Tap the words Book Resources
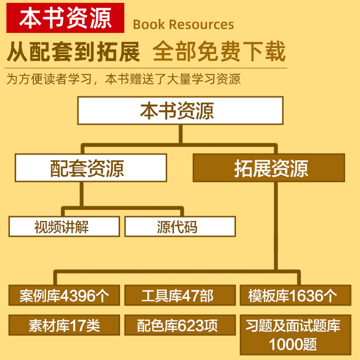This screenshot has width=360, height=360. click(183, 25)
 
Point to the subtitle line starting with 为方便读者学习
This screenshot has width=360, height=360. click(124, 79)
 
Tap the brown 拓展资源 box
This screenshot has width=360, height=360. click(269, 168)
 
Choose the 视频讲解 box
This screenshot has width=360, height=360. click(64, 226)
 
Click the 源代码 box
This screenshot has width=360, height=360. click(180, 226)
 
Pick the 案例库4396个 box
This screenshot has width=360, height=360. click(64, 296)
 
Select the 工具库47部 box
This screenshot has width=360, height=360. click(180, 296)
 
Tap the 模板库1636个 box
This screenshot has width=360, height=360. click(295, 296)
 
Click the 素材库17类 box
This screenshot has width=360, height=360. click(64, 325)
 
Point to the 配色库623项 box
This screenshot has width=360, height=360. click(180, 325)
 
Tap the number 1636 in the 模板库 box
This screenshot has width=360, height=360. click(308, 296)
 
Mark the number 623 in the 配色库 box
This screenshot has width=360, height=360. click(192, 325)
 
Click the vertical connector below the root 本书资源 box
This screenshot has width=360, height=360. click(180, 134)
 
